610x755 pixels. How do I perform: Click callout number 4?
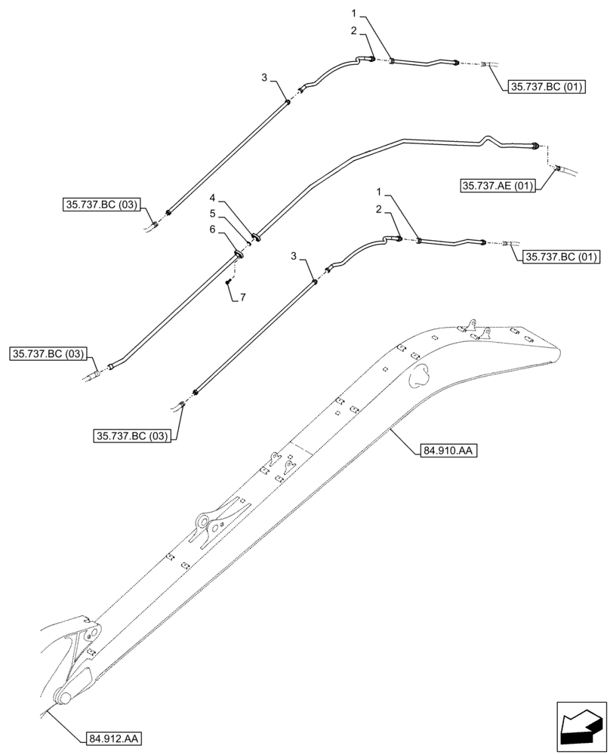(x=213, y=199)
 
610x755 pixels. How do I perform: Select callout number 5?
(x=213, y=214)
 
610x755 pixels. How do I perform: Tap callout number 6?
(x=213, y=229)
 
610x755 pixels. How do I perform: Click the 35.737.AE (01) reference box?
(x=497, y=186)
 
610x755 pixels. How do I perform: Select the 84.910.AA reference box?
(x=445, y=451)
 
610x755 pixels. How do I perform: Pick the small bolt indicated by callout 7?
(x=227, y=282)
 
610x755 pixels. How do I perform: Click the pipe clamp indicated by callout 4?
(x=255, y=237)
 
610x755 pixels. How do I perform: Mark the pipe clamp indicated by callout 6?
(x=239, y=254)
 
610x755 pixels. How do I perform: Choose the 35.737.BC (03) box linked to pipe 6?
(x=50, y=354)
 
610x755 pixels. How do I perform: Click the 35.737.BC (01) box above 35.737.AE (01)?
(x=544, y=87)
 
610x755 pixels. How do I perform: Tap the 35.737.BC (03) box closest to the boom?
(x=132, y=435)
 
